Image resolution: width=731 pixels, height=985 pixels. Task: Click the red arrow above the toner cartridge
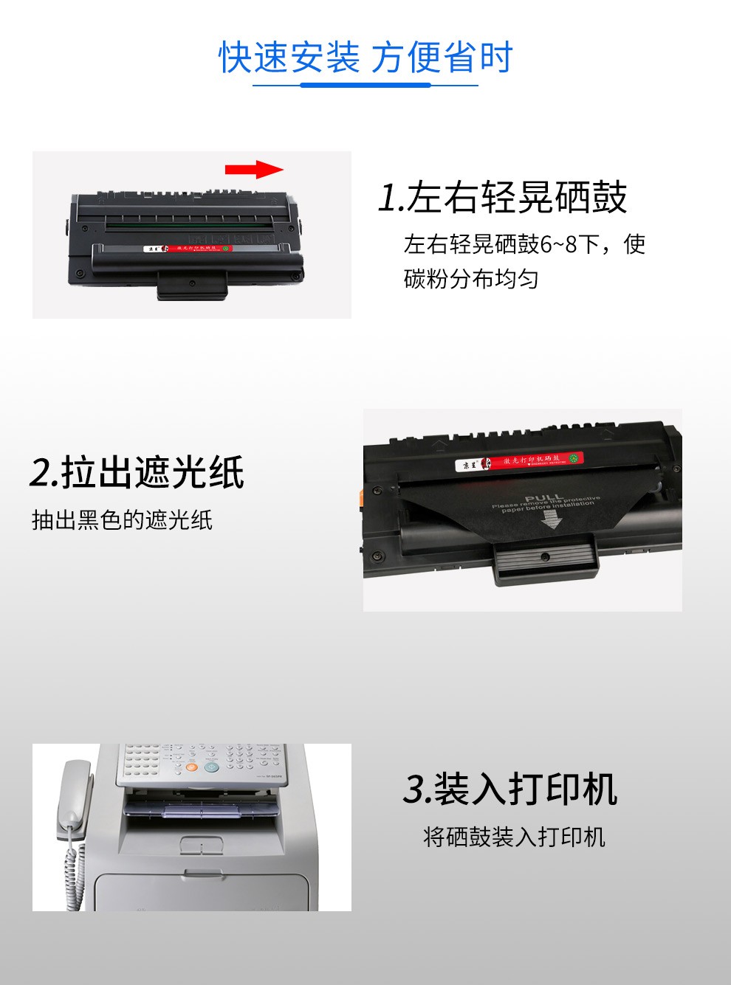point(253,170)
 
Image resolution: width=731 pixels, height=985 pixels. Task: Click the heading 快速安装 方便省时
point(365,58)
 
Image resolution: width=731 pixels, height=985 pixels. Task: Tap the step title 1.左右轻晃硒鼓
point(502,197)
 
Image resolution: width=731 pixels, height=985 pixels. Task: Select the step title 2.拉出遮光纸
point(137,472)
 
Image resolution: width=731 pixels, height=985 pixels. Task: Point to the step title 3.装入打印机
point(509,789)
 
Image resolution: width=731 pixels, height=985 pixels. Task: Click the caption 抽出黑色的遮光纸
point(123,520)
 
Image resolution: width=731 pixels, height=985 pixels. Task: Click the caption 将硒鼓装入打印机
point(514,837)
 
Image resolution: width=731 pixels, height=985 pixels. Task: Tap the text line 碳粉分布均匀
point(471,279)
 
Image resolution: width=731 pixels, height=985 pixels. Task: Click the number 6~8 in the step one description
point(559,244)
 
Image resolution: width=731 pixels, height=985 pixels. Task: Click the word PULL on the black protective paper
point(544,498)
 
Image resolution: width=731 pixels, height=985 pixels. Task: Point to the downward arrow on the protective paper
point(551,519)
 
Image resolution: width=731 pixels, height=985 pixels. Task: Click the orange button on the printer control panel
point(191,767)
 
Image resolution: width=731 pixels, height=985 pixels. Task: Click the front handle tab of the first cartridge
point(191,284)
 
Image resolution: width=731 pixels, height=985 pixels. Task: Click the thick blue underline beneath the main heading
point(365,86)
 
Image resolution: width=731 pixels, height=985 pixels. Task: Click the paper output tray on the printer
point(203,812)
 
